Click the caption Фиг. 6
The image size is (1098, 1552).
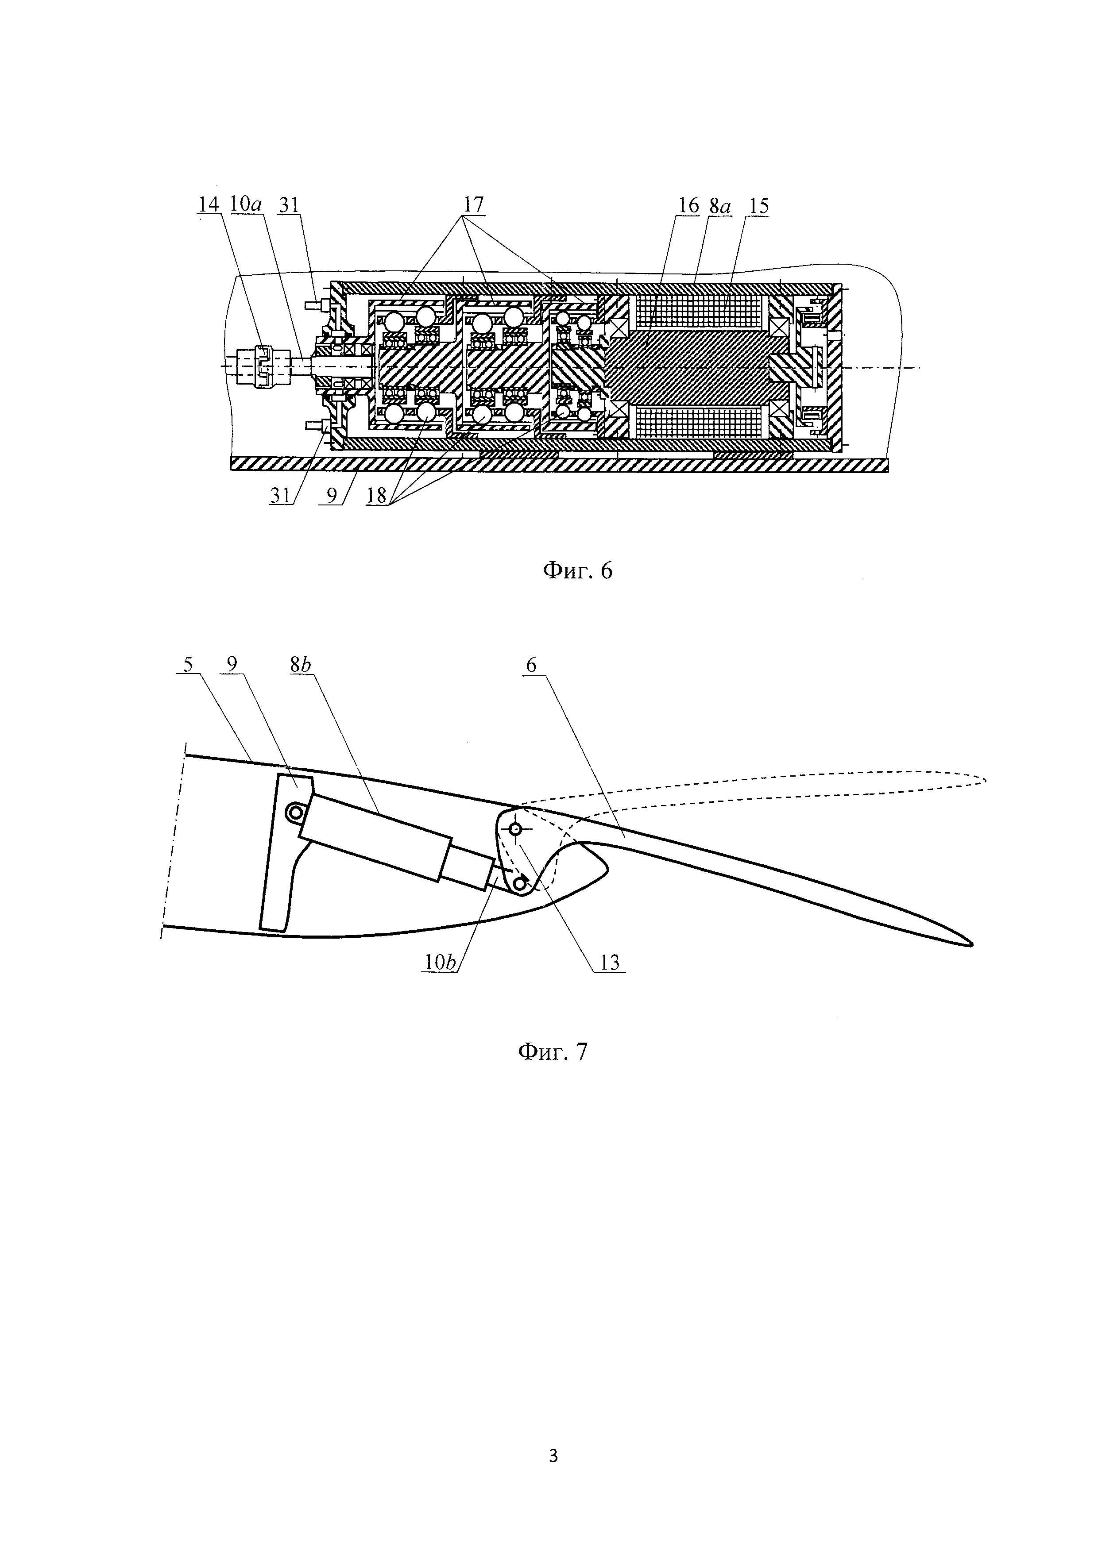coord(578,572)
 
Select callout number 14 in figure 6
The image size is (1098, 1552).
coord(209,205)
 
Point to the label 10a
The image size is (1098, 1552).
coord(246,205)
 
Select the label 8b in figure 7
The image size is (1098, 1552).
coord(301,665)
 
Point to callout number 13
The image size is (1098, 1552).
coord(609,963)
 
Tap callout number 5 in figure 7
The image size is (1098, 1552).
coord(188,665)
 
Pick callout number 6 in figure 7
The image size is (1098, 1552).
coord(531,665)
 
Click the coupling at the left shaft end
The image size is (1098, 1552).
coord(264,366)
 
